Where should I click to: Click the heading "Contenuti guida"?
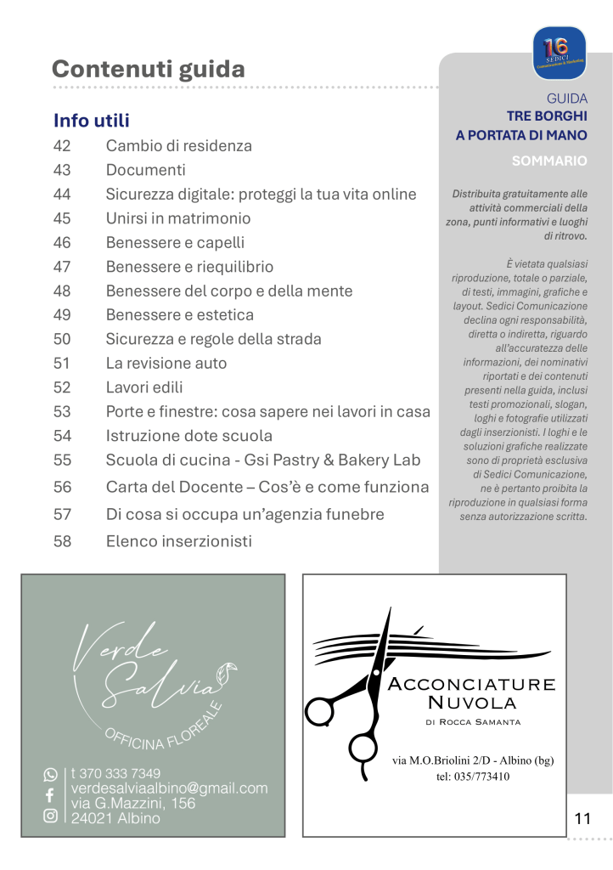[149, 69]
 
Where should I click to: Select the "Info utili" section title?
[92, 120]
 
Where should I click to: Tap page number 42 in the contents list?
[62, 145]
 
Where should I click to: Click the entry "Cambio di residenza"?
[178, 145]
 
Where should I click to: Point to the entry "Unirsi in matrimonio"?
[178, 218]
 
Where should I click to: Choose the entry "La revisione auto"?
[166, 364]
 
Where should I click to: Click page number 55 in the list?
[62, 460]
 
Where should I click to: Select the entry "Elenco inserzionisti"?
[178, 541]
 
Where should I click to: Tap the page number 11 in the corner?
[582, 819]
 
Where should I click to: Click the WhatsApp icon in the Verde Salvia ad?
[50, 775]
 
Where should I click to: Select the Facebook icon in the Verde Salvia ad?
[50, 795]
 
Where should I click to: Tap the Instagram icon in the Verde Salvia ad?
[50, 816]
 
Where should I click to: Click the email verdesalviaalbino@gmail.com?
[169, 788]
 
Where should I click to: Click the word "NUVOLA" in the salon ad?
[472, 702]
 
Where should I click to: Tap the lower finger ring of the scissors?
[360, 747]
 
